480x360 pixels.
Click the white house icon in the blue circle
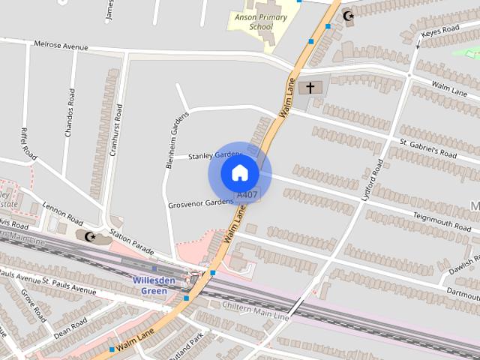239,172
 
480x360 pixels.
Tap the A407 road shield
247,195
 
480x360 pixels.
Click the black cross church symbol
310,88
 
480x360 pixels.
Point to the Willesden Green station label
154,285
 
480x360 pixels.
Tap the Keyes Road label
440,31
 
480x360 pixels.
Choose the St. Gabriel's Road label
427,148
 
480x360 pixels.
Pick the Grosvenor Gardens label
201,202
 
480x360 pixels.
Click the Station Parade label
131,241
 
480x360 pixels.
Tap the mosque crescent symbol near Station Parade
89,237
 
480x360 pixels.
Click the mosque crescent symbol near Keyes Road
347,16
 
